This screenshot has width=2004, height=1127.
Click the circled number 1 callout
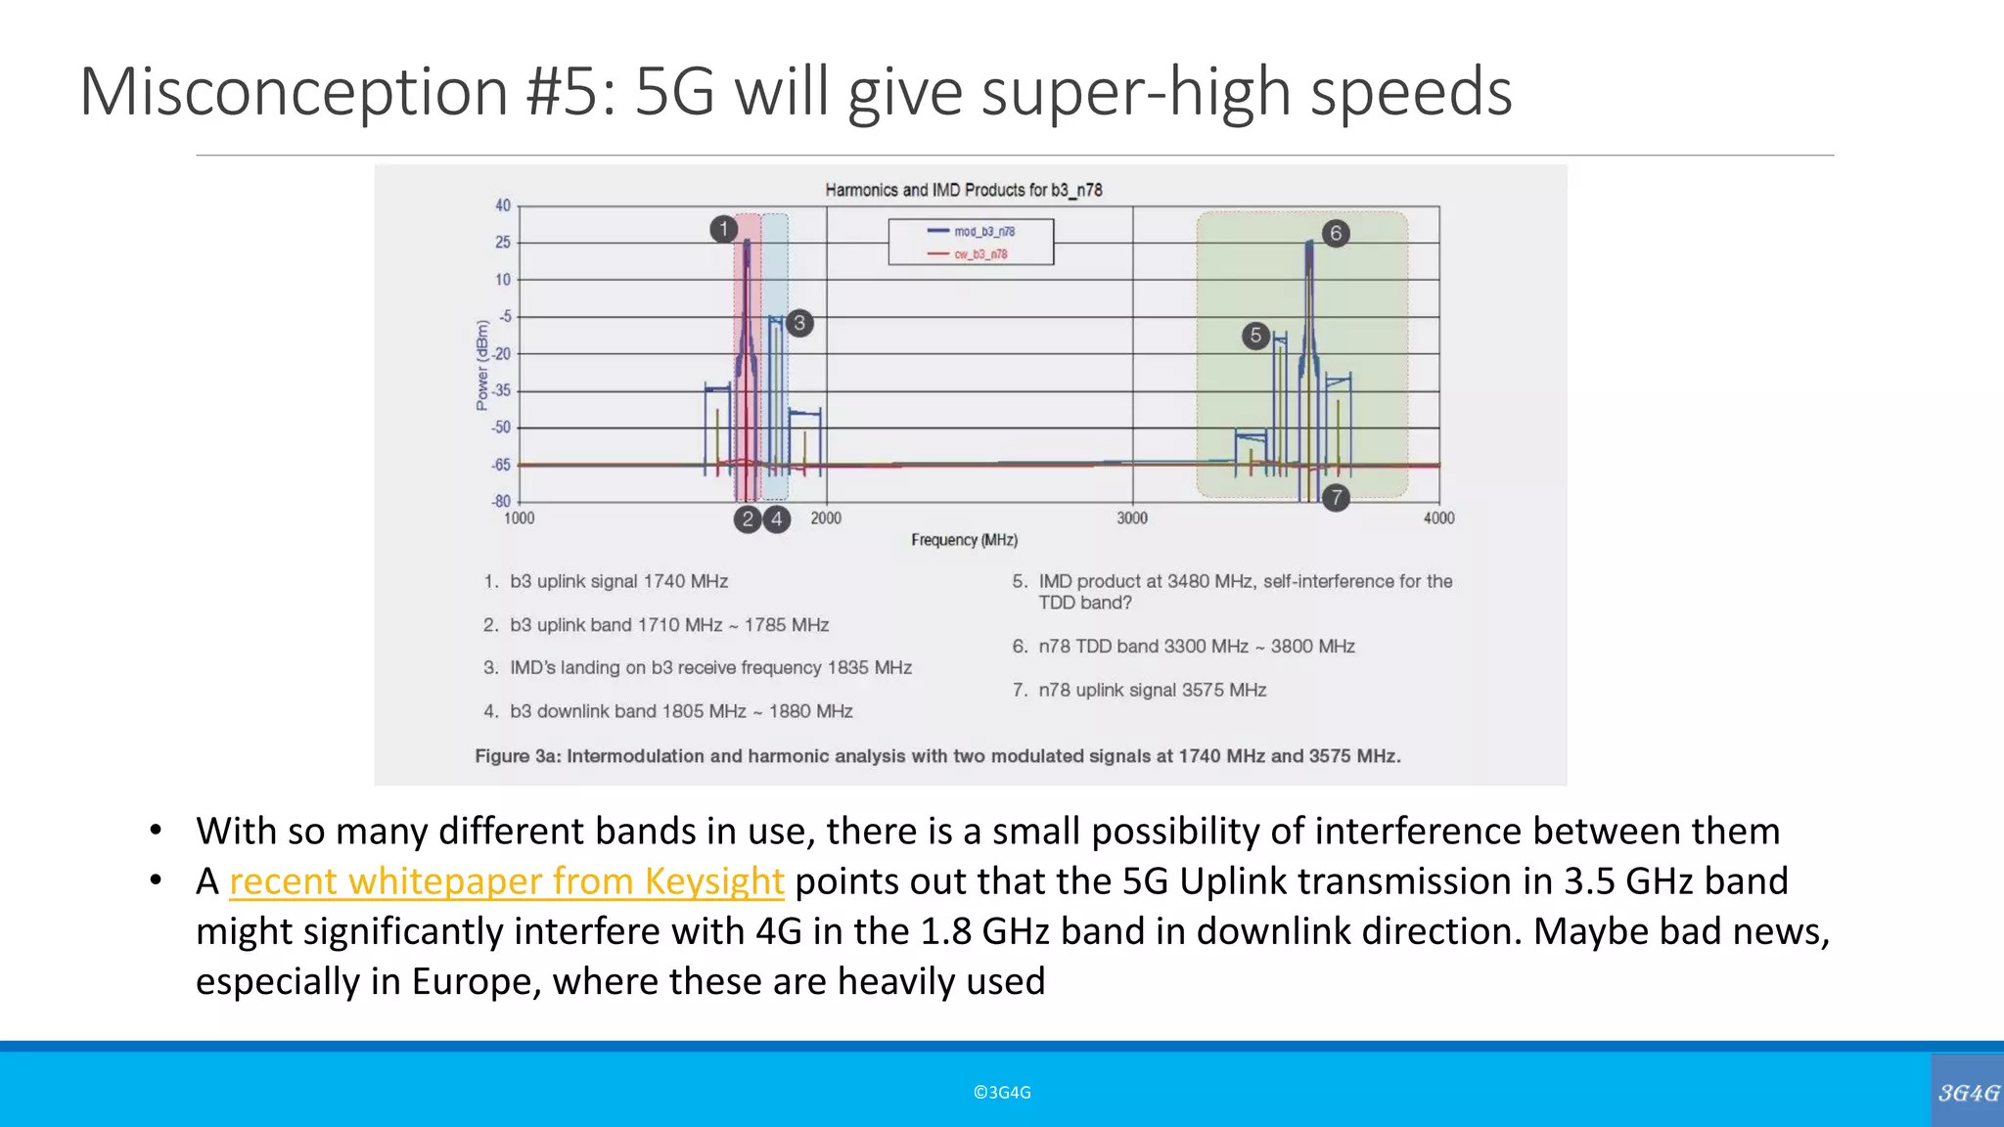723,229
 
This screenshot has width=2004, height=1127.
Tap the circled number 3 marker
799,323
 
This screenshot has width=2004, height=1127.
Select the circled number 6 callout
1336,233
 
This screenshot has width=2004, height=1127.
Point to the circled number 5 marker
1255,336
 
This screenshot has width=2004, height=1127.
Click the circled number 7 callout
1336,497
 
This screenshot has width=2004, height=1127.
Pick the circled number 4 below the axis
777,519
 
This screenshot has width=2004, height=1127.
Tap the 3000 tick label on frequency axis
1132,518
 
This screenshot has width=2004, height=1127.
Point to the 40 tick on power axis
503,205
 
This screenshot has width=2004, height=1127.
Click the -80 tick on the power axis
501,502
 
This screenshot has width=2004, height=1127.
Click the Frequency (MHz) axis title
964,540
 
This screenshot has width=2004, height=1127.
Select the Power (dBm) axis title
481,365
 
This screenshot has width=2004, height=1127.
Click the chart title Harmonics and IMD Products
963,190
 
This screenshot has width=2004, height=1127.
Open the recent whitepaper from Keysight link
506,881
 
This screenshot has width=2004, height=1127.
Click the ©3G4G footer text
1002,1093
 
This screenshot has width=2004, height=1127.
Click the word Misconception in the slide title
293,92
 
